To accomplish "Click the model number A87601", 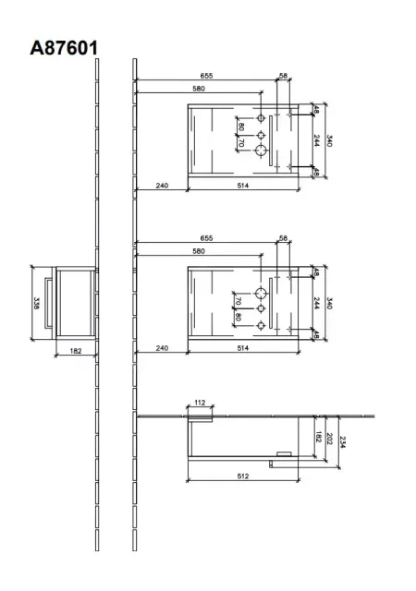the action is tap(64, 48).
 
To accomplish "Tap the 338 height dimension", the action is tap(37, 303).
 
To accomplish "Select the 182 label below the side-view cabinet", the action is tap(76, 351).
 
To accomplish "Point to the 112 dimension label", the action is tap(200, 403).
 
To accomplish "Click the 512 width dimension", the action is tap(243, 476).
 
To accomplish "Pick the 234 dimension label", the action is tap(342, 442).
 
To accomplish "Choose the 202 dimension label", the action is tap(329, 439).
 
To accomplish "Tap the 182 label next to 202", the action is tap(318, 437).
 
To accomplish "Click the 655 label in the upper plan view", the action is tap(206, 76).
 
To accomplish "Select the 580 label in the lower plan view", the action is tap(199, 251).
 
